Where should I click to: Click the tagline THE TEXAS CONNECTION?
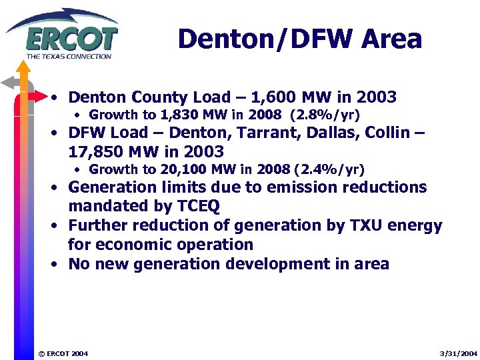(69, 56)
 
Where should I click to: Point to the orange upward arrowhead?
(23, 67)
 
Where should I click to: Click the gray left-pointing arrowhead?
(8, 83)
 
